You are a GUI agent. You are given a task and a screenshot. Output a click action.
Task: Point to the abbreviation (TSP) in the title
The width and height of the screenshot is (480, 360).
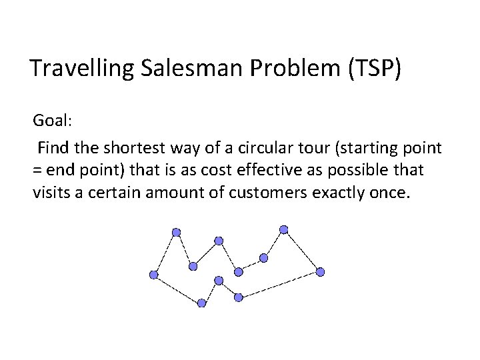[x=375, y=68]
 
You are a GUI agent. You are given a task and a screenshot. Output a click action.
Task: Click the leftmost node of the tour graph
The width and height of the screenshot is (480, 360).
[x=154, y=274]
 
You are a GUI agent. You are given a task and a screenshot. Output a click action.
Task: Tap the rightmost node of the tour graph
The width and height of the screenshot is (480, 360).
[x=320, y=271]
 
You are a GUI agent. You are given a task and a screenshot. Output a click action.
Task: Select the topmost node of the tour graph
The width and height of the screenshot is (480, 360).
[x=283, y=229]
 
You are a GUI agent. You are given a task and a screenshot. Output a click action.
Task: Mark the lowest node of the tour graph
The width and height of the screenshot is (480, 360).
[x=202, y=303]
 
